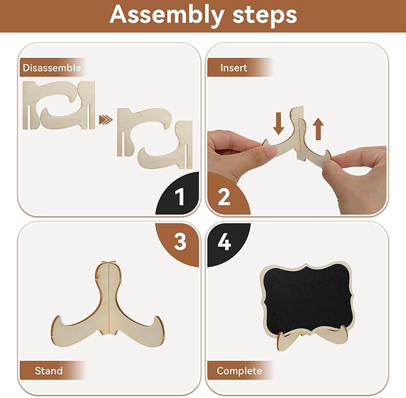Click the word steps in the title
click(265, 15)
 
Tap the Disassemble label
click(52, 68)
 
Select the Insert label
click(234, 68)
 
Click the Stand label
click(48, 370)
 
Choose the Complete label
click(239, 371)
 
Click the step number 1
click(179, 197)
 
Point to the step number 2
click(224, 197)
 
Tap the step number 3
click(180, 242)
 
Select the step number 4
click(224, 242)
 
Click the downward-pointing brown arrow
click(279, 124)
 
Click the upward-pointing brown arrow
click(318, 129)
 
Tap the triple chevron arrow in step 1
click(106, 120)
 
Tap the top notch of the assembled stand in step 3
click(108, 263)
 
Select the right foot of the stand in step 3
click(152, 329)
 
